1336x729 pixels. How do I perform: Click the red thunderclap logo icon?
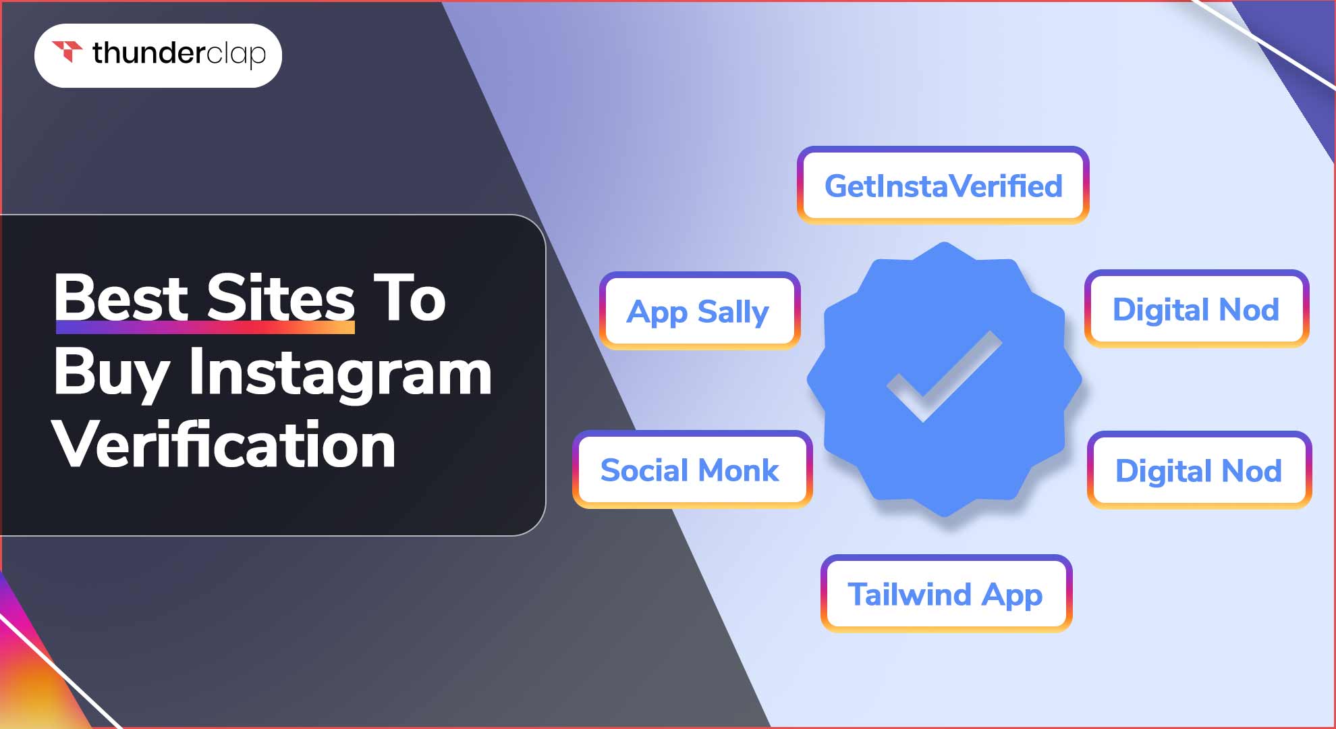coord(67,51)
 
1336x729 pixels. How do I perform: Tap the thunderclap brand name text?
coord(179,54)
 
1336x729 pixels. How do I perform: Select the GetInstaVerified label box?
coord(943,185)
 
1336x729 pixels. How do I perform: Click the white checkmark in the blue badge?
coord(944,376)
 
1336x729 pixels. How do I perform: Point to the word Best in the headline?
coord(121,298)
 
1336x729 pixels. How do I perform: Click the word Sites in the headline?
coord(280,298)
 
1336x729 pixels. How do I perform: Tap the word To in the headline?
coord(410,298)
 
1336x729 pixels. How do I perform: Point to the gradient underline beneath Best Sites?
coord(205,327)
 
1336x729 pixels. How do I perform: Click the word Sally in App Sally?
coord(733,313)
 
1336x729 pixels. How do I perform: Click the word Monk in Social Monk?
coord(740,470)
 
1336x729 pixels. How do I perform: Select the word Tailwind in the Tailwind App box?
coord(910,594)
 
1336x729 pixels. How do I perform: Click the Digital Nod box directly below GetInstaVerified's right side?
coord(1196,309)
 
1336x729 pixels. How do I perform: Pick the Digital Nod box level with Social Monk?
coord(1199,470)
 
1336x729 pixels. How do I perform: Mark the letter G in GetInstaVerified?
coord(837,186)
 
